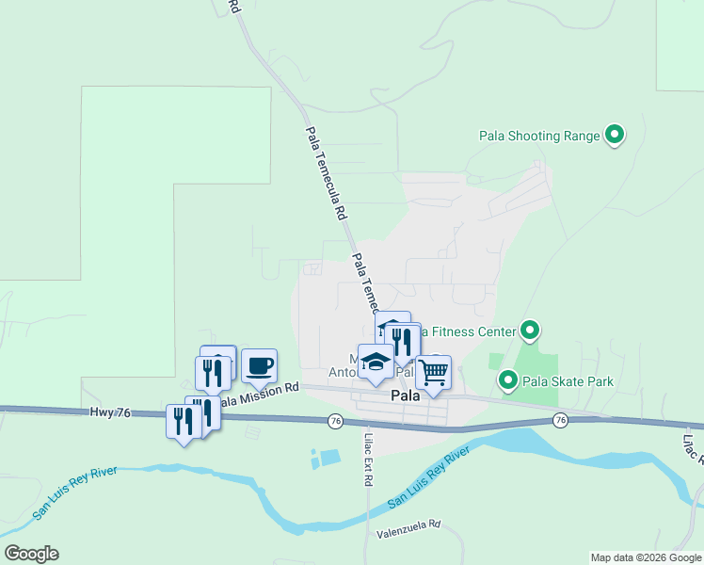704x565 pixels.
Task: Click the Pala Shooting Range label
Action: click(539, 136)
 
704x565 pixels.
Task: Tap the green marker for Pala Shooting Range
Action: click(615, 136)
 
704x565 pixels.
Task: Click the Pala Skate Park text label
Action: click(568, 381)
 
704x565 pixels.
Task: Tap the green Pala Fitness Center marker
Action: click(530, 331)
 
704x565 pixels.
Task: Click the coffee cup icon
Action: click(259, 364)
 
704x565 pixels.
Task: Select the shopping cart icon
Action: click(433, 371)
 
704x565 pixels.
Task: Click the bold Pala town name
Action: click(405, 397)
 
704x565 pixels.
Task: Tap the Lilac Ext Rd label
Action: click(367, 459)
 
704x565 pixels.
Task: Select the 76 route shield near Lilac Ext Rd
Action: click(335, 420)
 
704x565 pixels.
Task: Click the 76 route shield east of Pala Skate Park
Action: click(561, 419)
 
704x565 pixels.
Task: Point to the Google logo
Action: click(31, 554)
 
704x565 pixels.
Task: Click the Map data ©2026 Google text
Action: click(645, 557)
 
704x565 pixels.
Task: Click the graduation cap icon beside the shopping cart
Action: click(376, 362)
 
